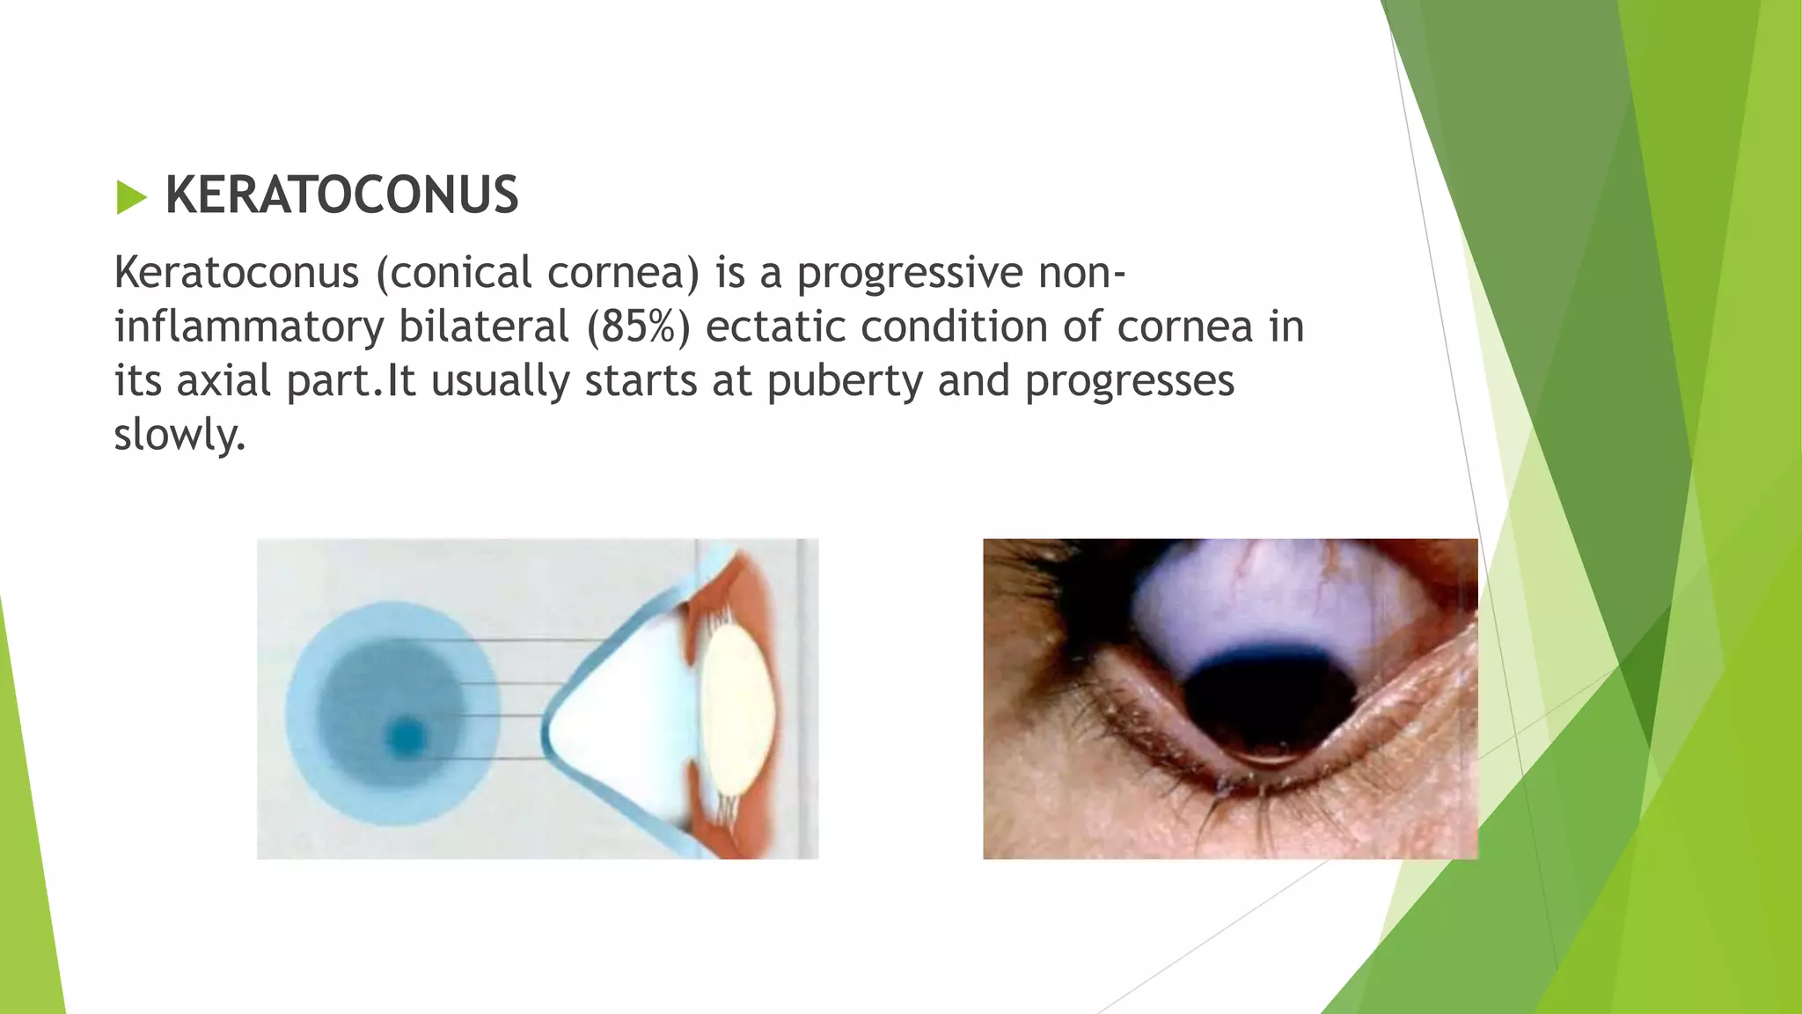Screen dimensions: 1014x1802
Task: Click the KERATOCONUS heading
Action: [x=341, y=195]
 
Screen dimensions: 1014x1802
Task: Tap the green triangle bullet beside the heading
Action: [x=130, y=197]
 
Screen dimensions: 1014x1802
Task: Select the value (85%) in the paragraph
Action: [x=638, y=327]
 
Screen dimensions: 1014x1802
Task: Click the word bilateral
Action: [x=483, y=327]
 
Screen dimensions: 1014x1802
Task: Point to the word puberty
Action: [x=844, y=382]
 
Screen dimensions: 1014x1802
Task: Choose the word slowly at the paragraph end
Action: [x=179, y=435]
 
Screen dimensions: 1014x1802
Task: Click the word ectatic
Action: [x=774, y=327]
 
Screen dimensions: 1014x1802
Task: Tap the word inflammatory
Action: [x=249, y=327]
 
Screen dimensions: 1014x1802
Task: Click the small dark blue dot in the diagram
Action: [x=406, y=737]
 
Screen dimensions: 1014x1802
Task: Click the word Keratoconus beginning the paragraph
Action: [x=236, y=273]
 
